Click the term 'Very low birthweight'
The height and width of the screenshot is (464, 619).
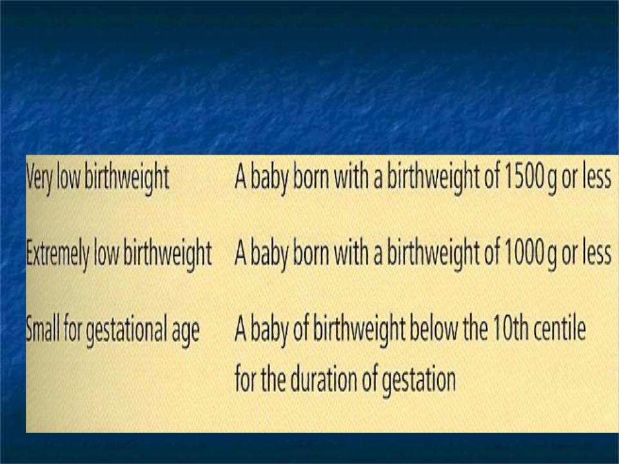[97, 179]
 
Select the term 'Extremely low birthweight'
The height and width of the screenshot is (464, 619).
[119, 255]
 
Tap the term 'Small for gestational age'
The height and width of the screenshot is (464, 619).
[112, 331]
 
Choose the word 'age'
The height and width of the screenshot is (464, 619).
[186, 334]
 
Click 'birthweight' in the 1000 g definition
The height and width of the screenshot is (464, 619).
[433, 255]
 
